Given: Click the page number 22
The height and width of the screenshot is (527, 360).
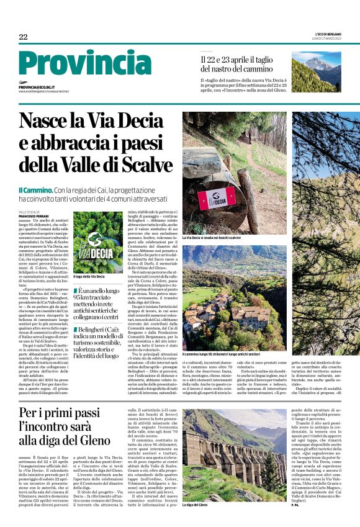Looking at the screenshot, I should pos(23,37).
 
